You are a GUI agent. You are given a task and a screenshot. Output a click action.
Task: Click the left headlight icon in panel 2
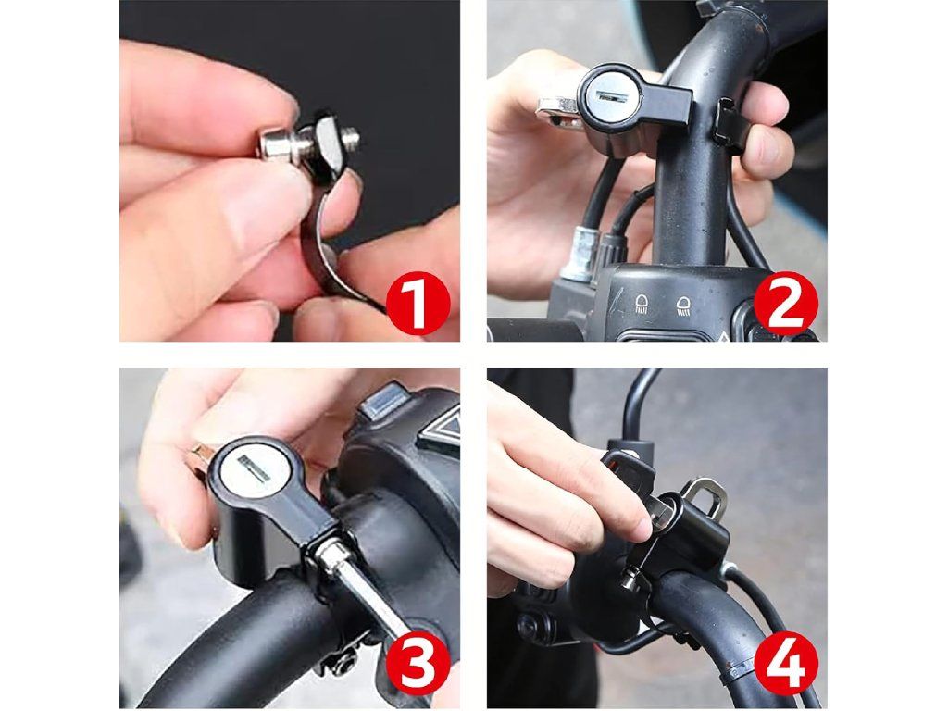[x=642, y=304]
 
